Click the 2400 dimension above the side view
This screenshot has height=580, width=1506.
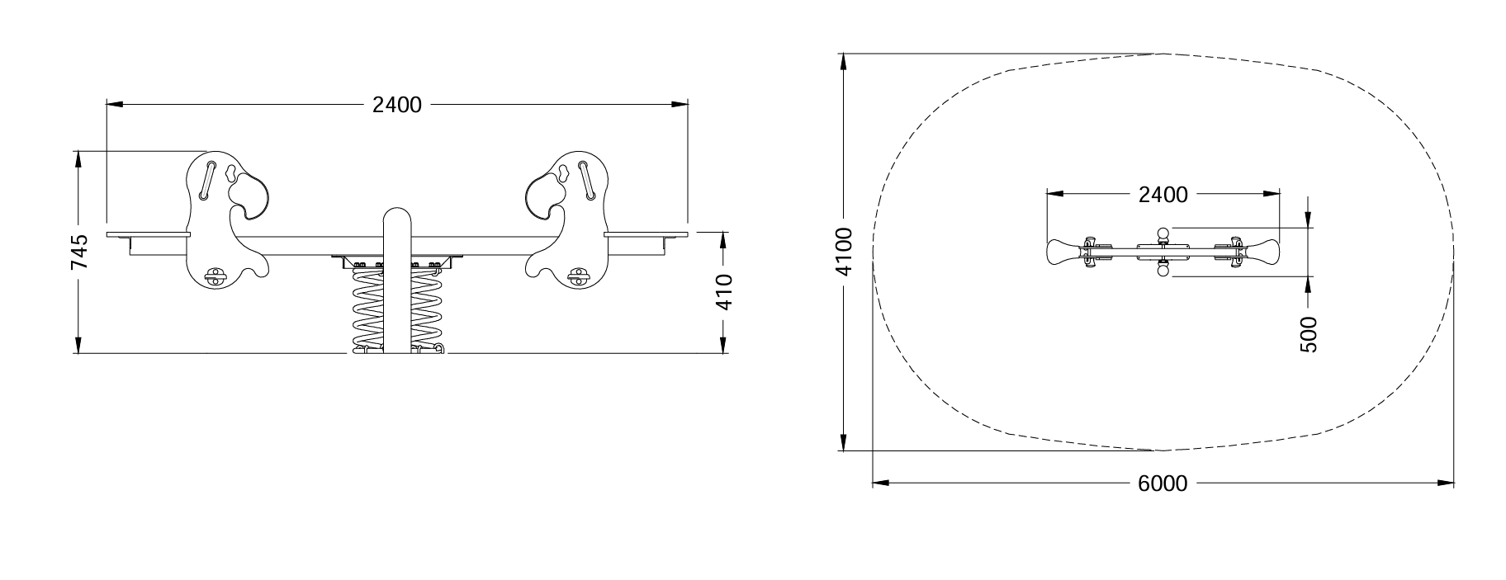(397, 105)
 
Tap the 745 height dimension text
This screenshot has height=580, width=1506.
(78, 252)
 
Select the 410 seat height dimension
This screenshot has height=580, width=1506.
(723, 291)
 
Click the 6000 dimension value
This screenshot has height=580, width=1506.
(1163, 483)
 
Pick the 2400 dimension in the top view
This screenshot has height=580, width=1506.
(1163, 195)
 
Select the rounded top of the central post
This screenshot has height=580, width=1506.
(398, 216)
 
